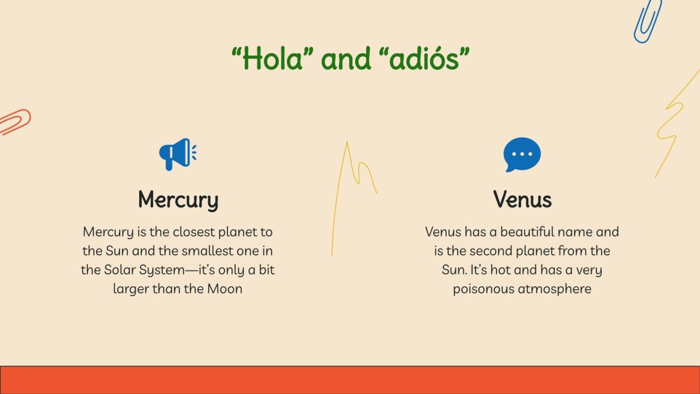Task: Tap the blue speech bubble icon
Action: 522,154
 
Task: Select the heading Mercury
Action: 178,200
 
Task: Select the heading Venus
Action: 522,200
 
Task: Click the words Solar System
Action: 133,271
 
